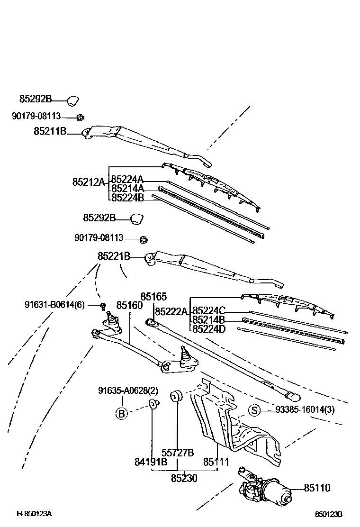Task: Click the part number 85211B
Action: click(x=50, y=131)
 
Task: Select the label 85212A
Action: click(x=88, y=182)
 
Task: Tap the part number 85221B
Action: click(x=114, y=256)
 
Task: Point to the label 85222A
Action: click(x=171, y=311)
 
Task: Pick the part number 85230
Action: click(x=184, y=478)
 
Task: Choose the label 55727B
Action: click(x=178, y=453)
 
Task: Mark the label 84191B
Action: click(x=151, y=462)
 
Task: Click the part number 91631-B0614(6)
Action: click(x=54, y=305)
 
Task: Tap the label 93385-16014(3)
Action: click(x=305, y=410)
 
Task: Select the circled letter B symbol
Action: click(x=122, y=413)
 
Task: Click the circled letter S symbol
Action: click(x=254, y=410)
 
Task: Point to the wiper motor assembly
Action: click(x=265, y=488)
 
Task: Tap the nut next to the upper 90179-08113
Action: click(x=80, y=117)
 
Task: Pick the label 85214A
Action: click(x=127, y=188)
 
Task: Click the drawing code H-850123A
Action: click(x=34, y=514)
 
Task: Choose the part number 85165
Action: click(x=153, y=297)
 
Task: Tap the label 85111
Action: click(x=216, y=462)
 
